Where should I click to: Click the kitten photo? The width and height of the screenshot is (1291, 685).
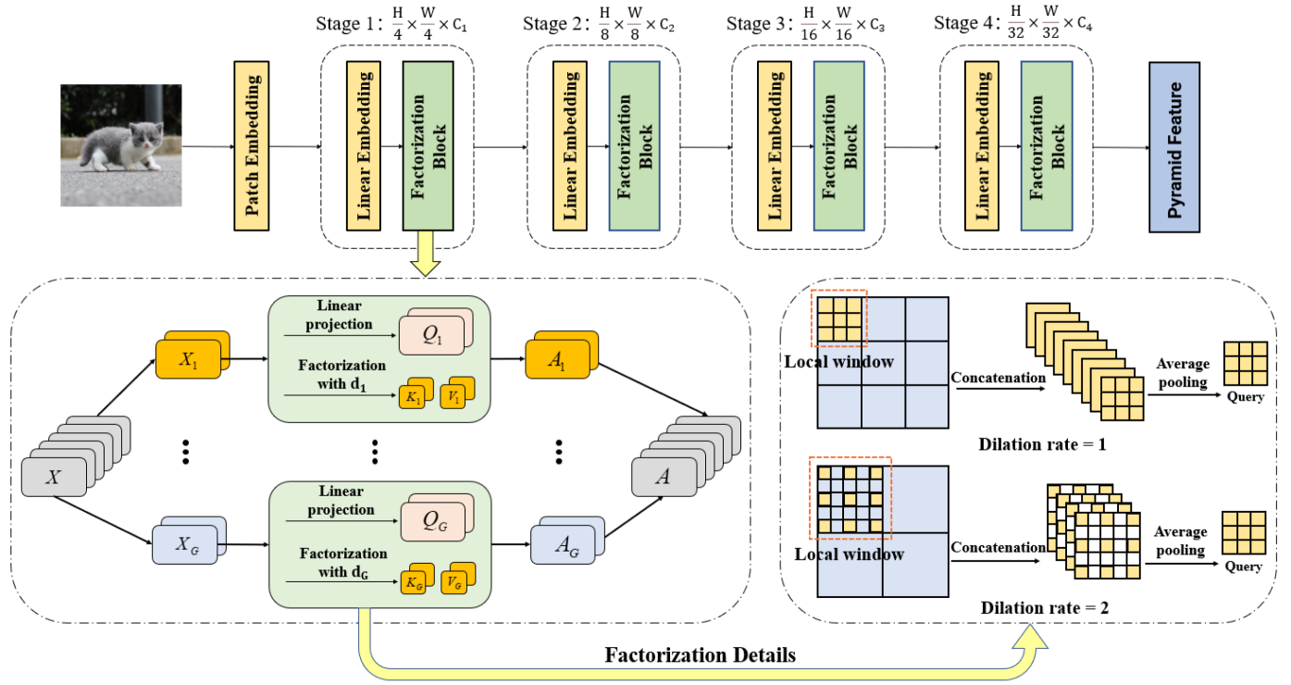tap(120, 145)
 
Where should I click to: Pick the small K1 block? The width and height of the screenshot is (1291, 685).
tap(411, 397)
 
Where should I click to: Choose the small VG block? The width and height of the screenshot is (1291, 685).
tap(455, 583)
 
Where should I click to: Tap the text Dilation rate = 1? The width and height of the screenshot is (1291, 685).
tap(1042, 443)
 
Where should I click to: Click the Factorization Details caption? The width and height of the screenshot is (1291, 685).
tap(700, 655)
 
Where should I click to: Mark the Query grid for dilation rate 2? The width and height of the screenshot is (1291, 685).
tap(1243, 533)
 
